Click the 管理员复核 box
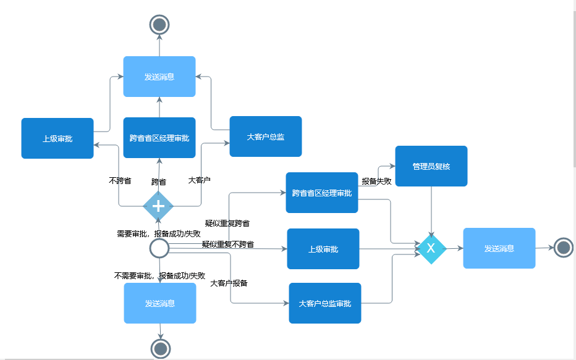[x=431, y=166]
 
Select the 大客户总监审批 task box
[x=325, y=303]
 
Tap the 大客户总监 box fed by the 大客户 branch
[x=265, y=136]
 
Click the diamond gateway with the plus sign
[x=158, y=206]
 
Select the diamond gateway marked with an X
[x=431, y=248]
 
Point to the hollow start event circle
[x=159, y=248]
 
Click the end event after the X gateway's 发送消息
[x=562, y=248]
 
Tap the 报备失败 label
[x=376, y=182]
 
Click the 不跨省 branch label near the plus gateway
[x=120, y=181]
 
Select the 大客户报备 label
[x=229, y=283]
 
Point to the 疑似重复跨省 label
[x=227, y=223]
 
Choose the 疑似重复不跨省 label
[x=227, y=245]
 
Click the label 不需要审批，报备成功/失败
[x=159, y=275]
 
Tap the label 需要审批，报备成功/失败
[x=158, y=233]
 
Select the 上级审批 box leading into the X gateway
[x=323, y=249]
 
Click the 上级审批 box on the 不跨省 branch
[x=57, y=138]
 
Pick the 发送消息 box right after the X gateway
[x=499, y=248]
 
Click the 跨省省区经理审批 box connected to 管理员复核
[x=321, y=193]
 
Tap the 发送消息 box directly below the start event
[x=160, y=303]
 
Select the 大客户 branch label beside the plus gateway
[x=199, y=180]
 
